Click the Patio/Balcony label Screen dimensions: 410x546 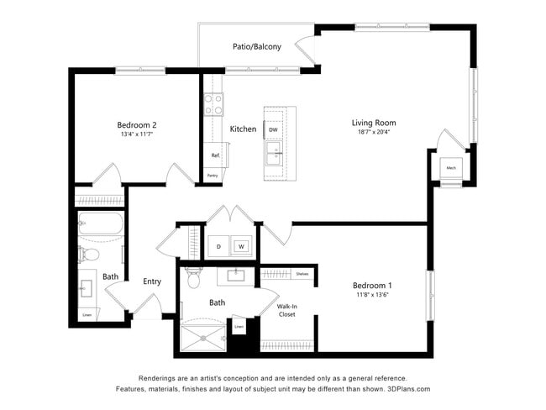257,47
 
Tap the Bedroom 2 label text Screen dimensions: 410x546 137,124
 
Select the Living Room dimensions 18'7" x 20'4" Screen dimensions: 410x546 374,133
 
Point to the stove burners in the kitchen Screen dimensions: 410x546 213,104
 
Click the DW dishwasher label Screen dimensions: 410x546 273,129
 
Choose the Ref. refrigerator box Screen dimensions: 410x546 215,155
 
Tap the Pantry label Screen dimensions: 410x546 213,176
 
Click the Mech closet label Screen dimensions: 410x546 451,168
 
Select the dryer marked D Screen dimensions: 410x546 218,247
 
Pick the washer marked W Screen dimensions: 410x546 240,247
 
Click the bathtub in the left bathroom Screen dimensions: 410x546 100,224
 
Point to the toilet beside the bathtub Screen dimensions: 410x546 90,253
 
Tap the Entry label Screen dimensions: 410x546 152,281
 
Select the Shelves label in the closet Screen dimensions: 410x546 302,274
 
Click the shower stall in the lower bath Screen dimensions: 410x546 202,339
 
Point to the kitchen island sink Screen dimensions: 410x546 274,152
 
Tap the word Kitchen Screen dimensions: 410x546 243,129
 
